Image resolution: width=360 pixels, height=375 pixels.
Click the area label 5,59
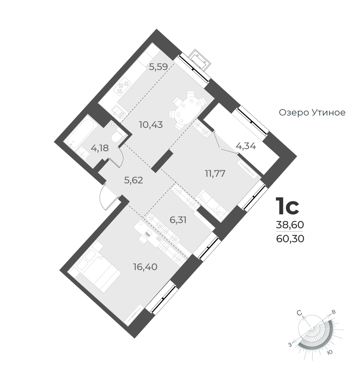[x=158, y=66]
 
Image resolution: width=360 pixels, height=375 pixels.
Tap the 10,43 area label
[x=151, y=124]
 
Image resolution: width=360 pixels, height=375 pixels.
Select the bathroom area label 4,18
[x=100, y=148]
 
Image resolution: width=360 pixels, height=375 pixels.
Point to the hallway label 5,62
[x=134, y=180]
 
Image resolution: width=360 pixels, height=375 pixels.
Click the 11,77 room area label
[x=215, y=174]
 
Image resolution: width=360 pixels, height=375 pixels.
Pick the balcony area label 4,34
[x=246, y=146]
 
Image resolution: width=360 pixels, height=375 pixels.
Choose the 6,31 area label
[x=178, y=220]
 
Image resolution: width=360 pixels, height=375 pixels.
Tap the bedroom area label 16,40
[x=145, y=267]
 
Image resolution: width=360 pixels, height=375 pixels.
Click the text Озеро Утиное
[x=312, y=113]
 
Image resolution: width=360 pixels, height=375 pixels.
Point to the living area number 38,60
[x=290, y=225]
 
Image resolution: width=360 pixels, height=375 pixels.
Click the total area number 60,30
[x=290, y=239]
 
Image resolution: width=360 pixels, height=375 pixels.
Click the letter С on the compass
[x=299, y=313]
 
